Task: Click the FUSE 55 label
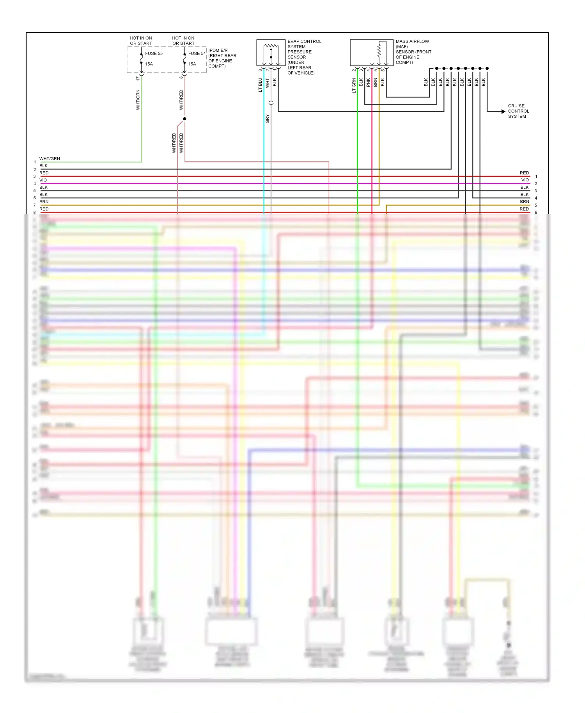point(154,53)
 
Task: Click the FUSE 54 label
point(197,53)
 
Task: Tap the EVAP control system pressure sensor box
point(271,52)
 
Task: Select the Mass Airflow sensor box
point(371,52)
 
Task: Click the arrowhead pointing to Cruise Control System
point(503,112)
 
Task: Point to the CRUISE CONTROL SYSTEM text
point(518,111)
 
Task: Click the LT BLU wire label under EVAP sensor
point(260,85)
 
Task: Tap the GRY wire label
point(267,119)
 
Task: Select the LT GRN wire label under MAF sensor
point(354,85)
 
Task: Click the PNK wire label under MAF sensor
point(368,82)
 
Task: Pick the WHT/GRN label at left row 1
point(50,159)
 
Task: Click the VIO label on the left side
point(43,180)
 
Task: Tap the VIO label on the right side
point(525,180)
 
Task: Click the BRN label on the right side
point(524,202)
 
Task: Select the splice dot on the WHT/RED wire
point(184,119)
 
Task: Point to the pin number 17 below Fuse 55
point(138,78)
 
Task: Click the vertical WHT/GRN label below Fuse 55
point(138,99)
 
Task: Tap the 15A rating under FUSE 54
point(192,64)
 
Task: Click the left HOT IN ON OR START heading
point(141,41)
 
